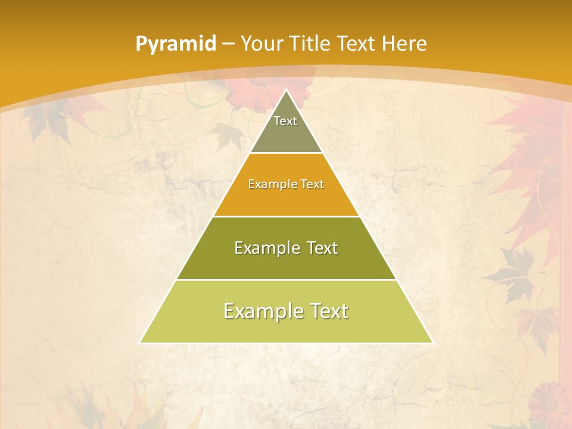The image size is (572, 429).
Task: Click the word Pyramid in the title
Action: [x=175, y=44]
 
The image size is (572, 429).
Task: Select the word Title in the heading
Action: [x=310, y=43]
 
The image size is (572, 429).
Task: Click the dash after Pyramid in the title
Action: [x=228, y=44]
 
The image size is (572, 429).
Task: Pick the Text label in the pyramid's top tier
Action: [x=285, y=121]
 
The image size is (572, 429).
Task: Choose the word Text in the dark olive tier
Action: [x=321, y=248]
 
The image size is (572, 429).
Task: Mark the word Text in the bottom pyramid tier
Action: [x=328, y=311]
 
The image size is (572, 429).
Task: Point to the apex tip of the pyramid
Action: [x=286, y=91]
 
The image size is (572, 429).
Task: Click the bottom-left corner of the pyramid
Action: [x=141, y=343]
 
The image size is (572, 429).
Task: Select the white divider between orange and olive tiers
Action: [x=286, y=216]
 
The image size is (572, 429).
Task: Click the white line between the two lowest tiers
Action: [x=286, y=279]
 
